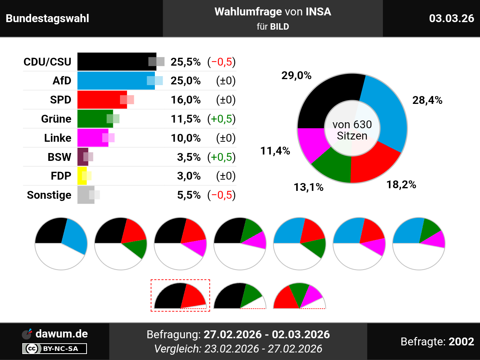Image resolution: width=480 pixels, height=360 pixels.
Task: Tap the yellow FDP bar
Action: click(81, 176)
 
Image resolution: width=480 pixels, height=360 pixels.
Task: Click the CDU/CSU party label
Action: click(47, 62)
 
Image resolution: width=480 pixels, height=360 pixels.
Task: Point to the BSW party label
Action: click(59, 157)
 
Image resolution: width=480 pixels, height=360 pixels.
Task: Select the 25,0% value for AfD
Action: click(186, 81)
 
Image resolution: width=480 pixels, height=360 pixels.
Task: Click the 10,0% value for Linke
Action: click(186, 138)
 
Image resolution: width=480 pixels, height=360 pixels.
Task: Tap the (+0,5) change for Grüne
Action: click(221, 119)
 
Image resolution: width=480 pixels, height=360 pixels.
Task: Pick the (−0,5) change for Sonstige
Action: click(221, 195)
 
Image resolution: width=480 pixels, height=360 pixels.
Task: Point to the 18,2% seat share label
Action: click(401, 184)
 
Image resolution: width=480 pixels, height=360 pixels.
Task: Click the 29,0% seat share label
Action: click(296, 76)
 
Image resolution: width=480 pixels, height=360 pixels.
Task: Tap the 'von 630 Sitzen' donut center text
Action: click(352, 130)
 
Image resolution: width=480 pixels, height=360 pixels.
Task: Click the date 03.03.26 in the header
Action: click(451, 18)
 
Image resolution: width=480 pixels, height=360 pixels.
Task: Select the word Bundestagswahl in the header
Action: click(48, 18)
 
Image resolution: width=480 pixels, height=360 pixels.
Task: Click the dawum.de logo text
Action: click(61, 334)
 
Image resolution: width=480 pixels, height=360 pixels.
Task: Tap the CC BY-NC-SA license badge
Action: click(55, 349)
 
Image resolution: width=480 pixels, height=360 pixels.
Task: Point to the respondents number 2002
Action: click(461, 342)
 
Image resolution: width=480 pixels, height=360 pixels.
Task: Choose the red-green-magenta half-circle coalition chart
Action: click(299, 297)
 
